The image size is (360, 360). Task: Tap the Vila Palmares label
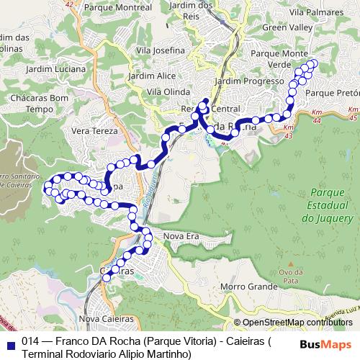coord(315,12)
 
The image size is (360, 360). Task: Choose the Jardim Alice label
coord(152,76)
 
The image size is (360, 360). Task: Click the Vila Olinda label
coord(167,92)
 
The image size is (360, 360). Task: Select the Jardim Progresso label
coord(249,81)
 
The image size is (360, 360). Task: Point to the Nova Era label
coord(181,236)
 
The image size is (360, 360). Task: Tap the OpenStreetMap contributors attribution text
coord(297,322)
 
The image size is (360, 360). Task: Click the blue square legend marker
coord(10,342)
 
